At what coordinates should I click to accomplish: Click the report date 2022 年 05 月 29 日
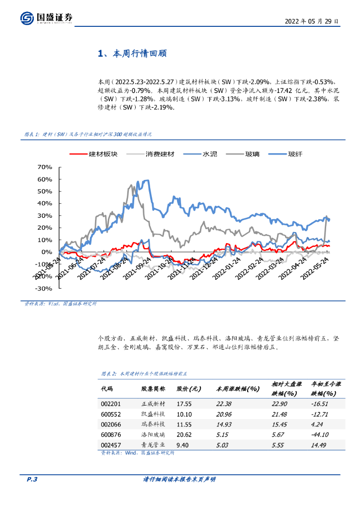point(312,21)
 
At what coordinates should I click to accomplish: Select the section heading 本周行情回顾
point(132,54)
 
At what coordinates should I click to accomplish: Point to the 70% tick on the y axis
point(45,167)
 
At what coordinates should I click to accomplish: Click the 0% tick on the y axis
point(48,252)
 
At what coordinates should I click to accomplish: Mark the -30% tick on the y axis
point(44,288)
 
